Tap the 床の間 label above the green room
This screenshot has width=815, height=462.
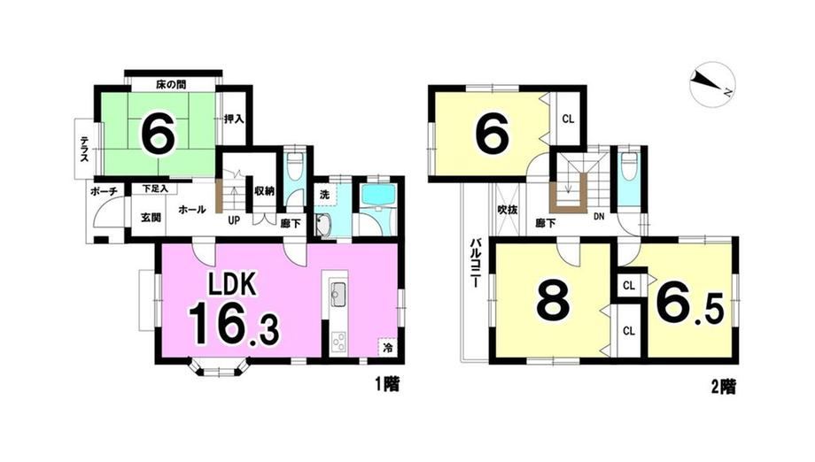171,84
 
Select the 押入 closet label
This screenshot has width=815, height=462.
233,119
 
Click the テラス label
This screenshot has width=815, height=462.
83,149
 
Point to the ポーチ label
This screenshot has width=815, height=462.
104,191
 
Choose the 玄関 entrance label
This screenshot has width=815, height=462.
151,217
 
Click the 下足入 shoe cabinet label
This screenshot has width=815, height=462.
155,189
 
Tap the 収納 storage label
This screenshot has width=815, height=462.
264,191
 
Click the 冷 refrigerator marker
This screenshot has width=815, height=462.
387,348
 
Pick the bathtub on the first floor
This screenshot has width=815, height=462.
379,194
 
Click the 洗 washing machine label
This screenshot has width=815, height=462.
324,196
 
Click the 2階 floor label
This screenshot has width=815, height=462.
723,386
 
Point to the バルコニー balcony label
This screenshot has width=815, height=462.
475,263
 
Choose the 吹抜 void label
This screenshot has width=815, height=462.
507,211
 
